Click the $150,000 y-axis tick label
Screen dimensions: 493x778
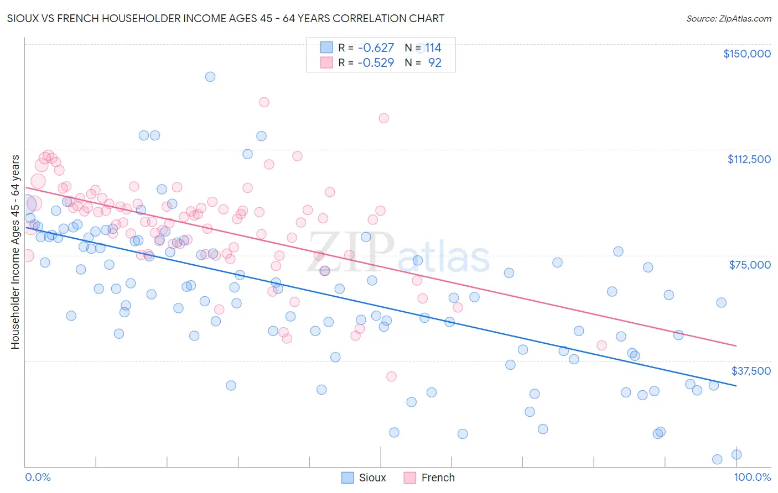point(746,54)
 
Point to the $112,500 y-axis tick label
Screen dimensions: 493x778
point(749,159)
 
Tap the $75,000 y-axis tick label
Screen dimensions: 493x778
point(750,265)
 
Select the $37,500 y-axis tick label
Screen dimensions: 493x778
point(751,371)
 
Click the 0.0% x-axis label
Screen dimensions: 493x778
point(38,478)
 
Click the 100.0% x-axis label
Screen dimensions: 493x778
point(752,478)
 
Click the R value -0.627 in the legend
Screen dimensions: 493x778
point(376,48)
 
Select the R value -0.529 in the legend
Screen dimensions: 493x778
point(376,63)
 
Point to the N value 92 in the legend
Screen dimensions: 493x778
point(434,63)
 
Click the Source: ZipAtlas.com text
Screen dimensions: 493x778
point(728,19)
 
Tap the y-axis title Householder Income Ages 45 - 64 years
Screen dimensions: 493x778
point(15,252)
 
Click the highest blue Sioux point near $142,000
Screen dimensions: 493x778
point(210,77)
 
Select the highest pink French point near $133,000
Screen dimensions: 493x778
point(264,102)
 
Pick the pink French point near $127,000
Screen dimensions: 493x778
point(383,118)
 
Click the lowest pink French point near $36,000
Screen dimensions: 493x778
point(391,376)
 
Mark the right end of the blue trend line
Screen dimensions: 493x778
point(736,386)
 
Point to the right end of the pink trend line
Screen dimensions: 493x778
point(736,346)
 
